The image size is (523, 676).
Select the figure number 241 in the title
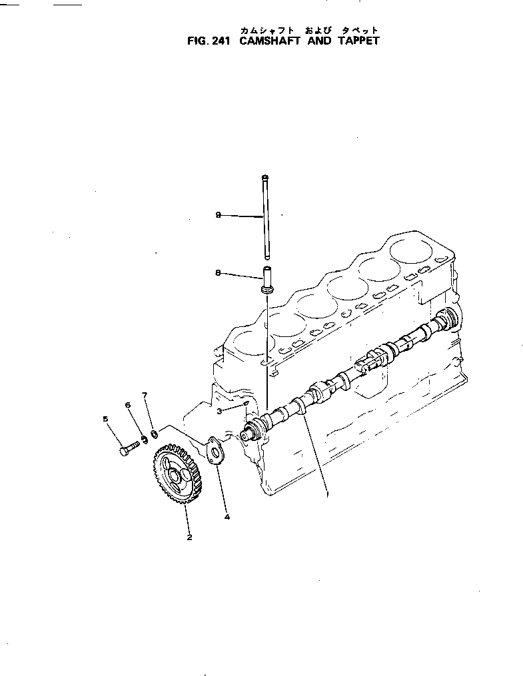[217, 40]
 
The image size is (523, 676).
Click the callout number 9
[218, 215]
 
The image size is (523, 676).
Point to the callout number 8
[218, 272]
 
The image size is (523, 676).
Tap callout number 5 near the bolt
[105, 419]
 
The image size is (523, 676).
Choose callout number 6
[127, 406]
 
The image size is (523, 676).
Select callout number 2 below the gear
[189, 537]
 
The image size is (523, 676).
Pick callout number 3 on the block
[219, 411]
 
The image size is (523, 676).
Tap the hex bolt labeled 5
[129, 449]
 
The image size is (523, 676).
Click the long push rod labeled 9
[266, 216]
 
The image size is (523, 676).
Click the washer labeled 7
[154, 435]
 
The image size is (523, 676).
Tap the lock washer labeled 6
[144, 440]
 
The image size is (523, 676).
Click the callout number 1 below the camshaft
[327, 494]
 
